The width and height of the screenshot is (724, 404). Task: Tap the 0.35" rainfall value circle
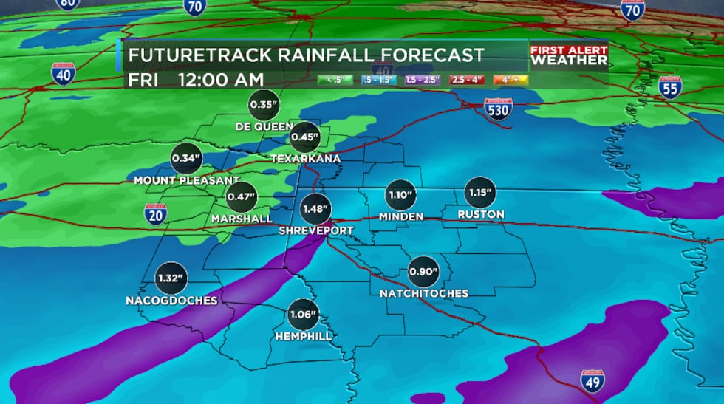(263, 105)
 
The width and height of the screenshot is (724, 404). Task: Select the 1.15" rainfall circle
(479, 193)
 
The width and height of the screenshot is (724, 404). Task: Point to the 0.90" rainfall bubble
(423, 272)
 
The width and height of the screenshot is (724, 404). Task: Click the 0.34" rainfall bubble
(186, 158)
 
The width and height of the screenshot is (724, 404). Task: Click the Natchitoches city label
(424, 293)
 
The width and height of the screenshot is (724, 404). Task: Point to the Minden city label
(400, 216)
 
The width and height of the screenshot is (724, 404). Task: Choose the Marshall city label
(242, 219)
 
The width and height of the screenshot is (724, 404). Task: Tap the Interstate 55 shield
(669, 86)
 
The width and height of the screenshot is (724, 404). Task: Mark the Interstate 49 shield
(592, 381)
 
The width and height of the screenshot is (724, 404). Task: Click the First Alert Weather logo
(568, 55)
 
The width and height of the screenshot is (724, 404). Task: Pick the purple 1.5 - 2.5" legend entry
(420, 78)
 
